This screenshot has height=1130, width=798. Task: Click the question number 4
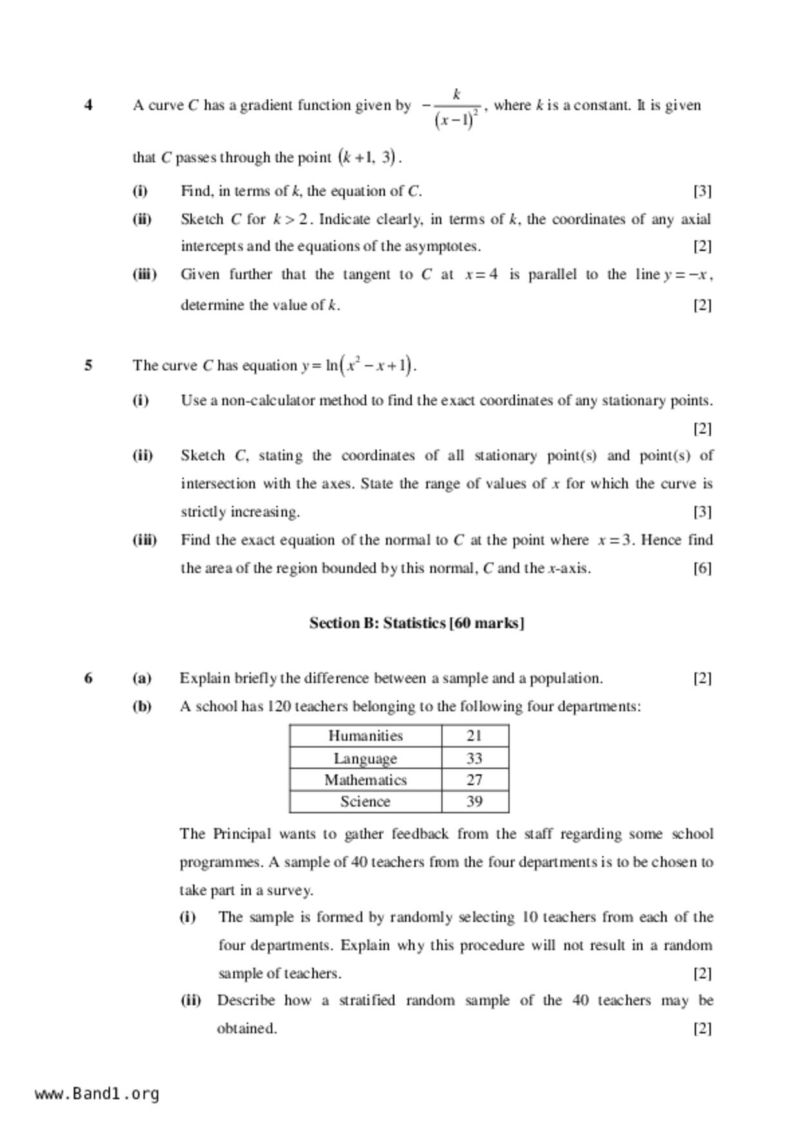[x=88, y=105]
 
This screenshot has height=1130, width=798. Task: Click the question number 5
[x=88, y=365]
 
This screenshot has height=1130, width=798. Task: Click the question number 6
[x=88, y=678]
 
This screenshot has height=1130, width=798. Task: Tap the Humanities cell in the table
[x=365, y=736]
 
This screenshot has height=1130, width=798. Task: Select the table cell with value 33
[x=475, y=758]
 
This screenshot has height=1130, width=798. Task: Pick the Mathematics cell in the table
[x=365, y=780]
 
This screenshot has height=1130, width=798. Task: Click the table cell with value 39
[x=475, y=801]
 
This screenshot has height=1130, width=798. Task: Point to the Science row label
[x=365, y=801]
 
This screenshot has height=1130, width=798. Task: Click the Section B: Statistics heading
[x=417, y=623]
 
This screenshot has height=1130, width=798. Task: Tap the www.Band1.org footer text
[x=97, y=1094]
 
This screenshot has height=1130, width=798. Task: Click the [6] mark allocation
[x=702, y=568]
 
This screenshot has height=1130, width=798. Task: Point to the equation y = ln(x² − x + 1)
[x=359, y=365]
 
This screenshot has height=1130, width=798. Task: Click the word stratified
[x=366, y=1001]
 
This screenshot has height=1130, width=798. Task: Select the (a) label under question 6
[x=142, y=678]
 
